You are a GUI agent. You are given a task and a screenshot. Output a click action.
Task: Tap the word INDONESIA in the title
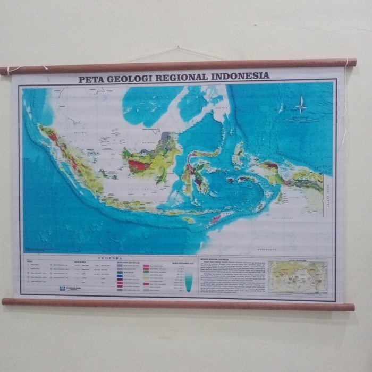240,75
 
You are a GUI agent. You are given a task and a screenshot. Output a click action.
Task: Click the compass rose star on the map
301,105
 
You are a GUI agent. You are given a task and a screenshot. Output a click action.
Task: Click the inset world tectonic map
298,276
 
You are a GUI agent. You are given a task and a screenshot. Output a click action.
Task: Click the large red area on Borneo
139,165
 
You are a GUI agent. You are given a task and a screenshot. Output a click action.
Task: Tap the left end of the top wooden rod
4,70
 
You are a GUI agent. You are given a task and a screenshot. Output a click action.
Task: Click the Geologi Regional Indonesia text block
231,276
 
